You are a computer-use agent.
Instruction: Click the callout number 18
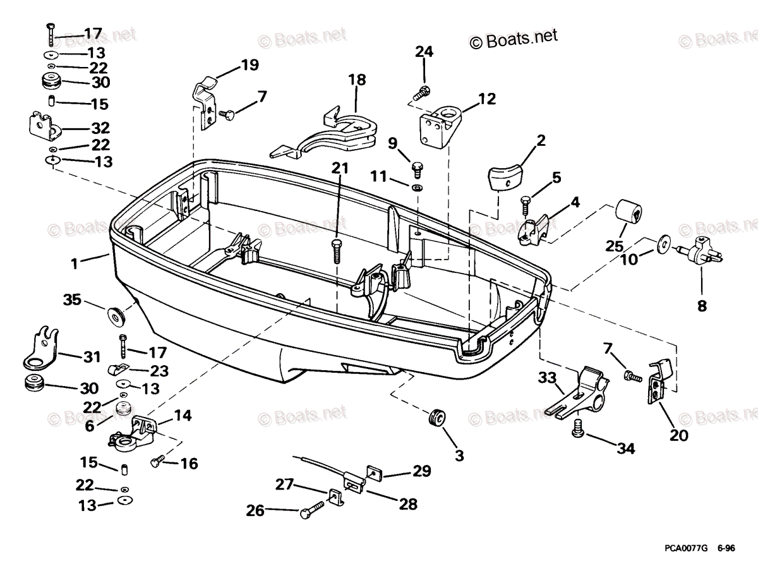pos(357,80)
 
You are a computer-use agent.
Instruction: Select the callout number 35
pos(73,299)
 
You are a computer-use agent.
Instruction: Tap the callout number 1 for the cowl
pos(75,263)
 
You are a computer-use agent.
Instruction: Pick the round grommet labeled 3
pos(436,418)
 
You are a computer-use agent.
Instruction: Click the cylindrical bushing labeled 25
pos(628,214)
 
